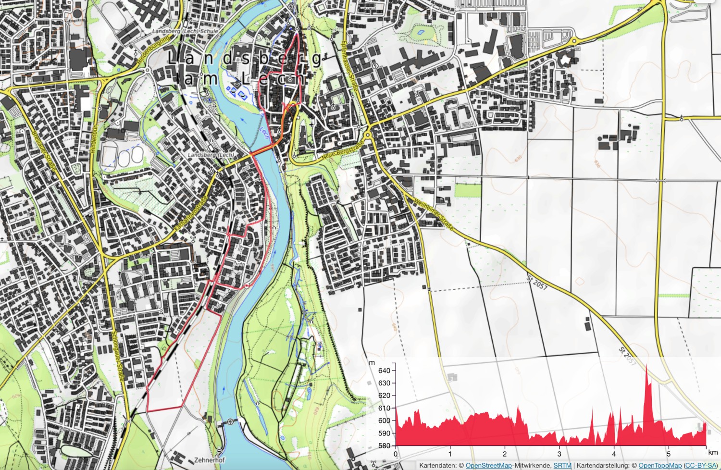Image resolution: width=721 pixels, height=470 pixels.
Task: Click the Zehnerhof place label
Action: click(x=209, y=460)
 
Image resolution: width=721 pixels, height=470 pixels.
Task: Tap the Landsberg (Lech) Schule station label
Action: click(x=185, y=31)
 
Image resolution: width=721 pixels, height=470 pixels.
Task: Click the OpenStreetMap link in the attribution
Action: click(x=488, y=466)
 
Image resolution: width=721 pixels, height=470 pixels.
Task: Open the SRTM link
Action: click(x=562, y=466)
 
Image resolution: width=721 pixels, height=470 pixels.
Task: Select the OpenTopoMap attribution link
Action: click(x=659, y=466)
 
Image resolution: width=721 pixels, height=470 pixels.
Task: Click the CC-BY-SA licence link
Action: click(x=700, y=466)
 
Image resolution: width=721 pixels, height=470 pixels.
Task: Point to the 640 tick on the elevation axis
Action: click(x=384, y=371)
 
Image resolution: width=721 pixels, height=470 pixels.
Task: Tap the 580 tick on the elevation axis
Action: click(x=384, y=445)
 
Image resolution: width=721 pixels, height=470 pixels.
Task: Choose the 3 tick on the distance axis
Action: click(x=559, y=454)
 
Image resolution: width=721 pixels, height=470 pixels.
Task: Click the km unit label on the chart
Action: click(x=712, y=452)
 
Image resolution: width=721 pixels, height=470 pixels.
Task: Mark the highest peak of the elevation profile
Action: click(x=646, y=365)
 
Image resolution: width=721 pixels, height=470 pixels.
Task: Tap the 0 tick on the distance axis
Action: click(x=396, y=454)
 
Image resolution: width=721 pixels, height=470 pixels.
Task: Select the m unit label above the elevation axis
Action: click(x=372, y=362)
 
